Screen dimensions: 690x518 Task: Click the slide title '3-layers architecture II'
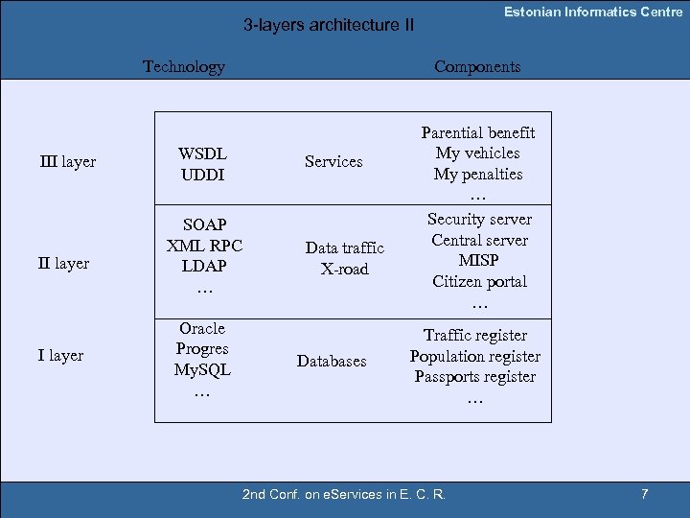[329, 25]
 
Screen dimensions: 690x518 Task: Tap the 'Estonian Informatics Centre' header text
[593, 12]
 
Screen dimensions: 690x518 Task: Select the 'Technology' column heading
[183, 66]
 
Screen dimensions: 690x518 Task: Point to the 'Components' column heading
[477, 66]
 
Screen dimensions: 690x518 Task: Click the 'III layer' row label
[67, 161]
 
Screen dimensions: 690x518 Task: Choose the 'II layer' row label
[63, 263]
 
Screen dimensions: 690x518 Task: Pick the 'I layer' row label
[60, 355]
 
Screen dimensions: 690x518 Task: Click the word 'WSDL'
[202, 153]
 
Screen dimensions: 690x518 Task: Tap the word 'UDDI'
[202, 175]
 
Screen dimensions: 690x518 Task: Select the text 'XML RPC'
[204, 245]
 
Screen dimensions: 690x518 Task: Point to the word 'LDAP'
[204, 266]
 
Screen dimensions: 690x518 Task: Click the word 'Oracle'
[202, 328]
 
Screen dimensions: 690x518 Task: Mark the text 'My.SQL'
[202, 369]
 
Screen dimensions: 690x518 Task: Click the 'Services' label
[333, 161]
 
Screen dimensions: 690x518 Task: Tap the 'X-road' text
[344, 269]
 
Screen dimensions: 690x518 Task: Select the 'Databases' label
[332, 361]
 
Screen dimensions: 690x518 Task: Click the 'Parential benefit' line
[478, 132]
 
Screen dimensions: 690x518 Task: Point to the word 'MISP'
[479, 260]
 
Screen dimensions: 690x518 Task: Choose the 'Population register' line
[475, 356]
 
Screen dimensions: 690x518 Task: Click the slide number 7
[645, 494]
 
